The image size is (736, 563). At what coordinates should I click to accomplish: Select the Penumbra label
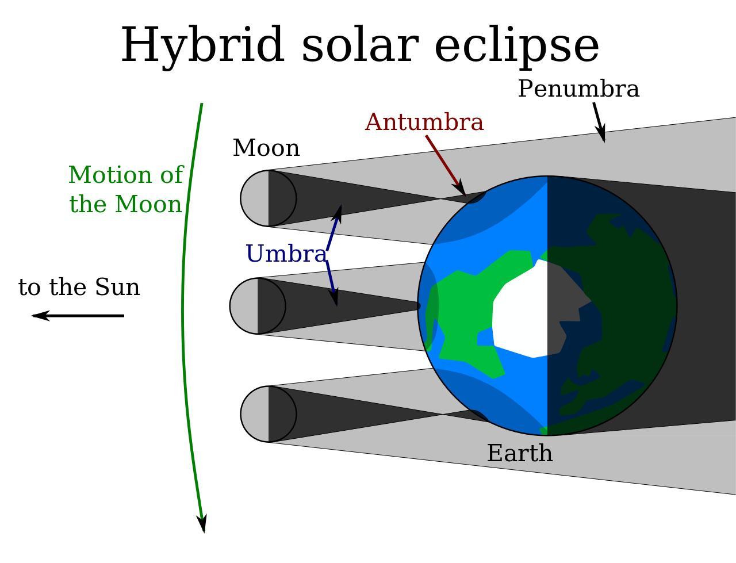pos(578,89)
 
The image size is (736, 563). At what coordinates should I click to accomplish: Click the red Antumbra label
pos(424,122)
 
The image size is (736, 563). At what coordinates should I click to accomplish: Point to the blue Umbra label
pos(286,254)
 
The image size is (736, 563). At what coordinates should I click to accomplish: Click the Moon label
pos(266,148)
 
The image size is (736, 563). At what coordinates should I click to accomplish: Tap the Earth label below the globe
pos(520,453)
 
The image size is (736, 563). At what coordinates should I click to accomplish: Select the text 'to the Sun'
pos(79,287)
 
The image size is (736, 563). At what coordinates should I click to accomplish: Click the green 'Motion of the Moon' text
pos(125,189)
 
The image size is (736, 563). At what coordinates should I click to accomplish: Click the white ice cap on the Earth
pos(520,311)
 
